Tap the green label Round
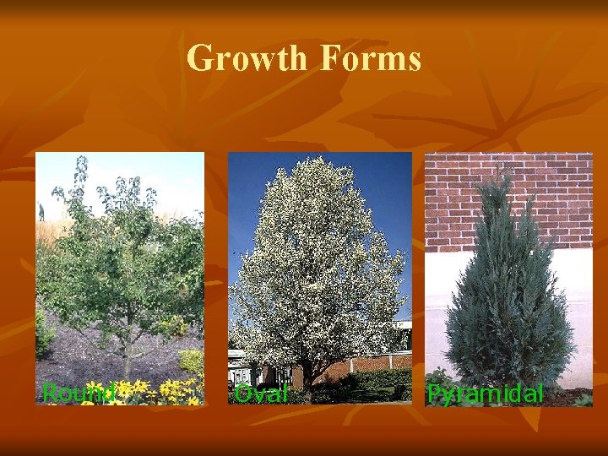point(79,393)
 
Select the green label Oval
point(261,394)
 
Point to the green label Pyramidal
point(485,394)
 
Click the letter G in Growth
point(200,58)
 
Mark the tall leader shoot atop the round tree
point(83,169)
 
